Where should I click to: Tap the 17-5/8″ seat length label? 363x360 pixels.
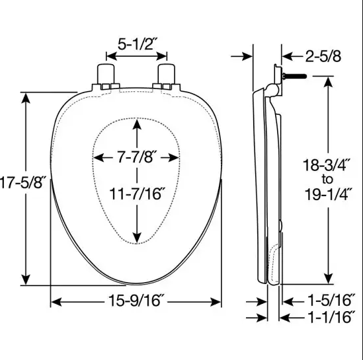[22, 182]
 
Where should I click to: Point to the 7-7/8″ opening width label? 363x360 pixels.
[136, 157]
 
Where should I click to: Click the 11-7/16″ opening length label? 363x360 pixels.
[138, 194]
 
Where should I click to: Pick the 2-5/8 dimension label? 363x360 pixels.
[323, 56]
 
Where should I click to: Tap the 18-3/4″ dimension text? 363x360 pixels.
[327, 165]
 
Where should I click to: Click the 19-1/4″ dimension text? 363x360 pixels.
[328, 194]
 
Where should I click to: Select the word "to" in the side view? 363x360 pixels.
[327, 180]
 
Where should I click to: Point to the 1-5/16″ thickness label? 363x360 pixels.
[331, 300]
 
